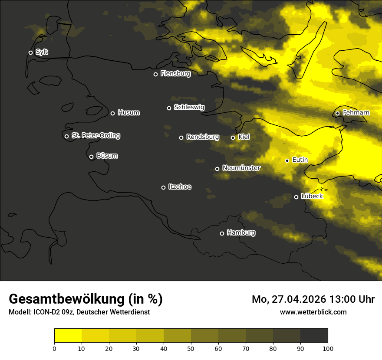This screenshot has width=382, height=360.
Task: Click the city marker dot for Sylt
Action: tap(30, 53)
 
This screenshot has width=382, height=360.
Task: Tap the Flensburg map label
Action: tap(175, 74)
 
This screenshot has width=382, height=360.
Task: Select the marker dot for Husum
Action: tap(112, 113)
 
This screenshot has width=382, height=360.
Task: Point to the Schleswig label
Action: tap(189, 107)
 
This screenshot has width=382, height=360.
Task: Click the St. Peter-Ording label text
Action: tap(95, 136)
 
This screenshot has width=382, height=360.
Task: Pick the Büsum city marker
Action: tap(91, 157)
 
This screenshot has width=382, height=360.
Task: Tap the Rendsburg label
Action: tap(202, 137)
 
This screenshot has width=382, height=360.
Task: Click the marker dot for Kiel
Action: tap(233, 137)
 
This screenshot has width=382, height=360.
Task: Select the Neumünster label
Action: tap(241, 168)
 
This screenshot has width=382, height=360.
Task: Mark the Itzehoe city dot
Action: tap(163, 187)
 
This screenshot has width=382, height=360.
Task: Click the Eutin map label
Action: tap(300, 160)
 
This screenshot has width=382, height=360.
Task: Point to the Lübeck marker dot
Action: tap(296, 197)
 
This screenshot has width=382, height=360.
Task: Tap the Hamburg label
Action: tap(241, 232)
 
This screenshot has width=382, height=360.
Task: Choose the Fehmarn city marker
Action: tap(337, 114)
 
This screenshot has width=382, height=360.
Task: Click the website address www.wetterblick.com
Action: tap(313, 312)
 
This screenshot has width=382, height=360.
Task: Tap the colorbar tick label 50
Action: tap(191, 348)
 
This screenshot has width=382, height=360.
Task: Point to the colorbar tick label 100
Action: tap(328, 348)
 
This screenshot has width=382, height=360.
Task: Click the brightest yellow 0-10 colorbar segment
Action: tap(68, 336)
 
